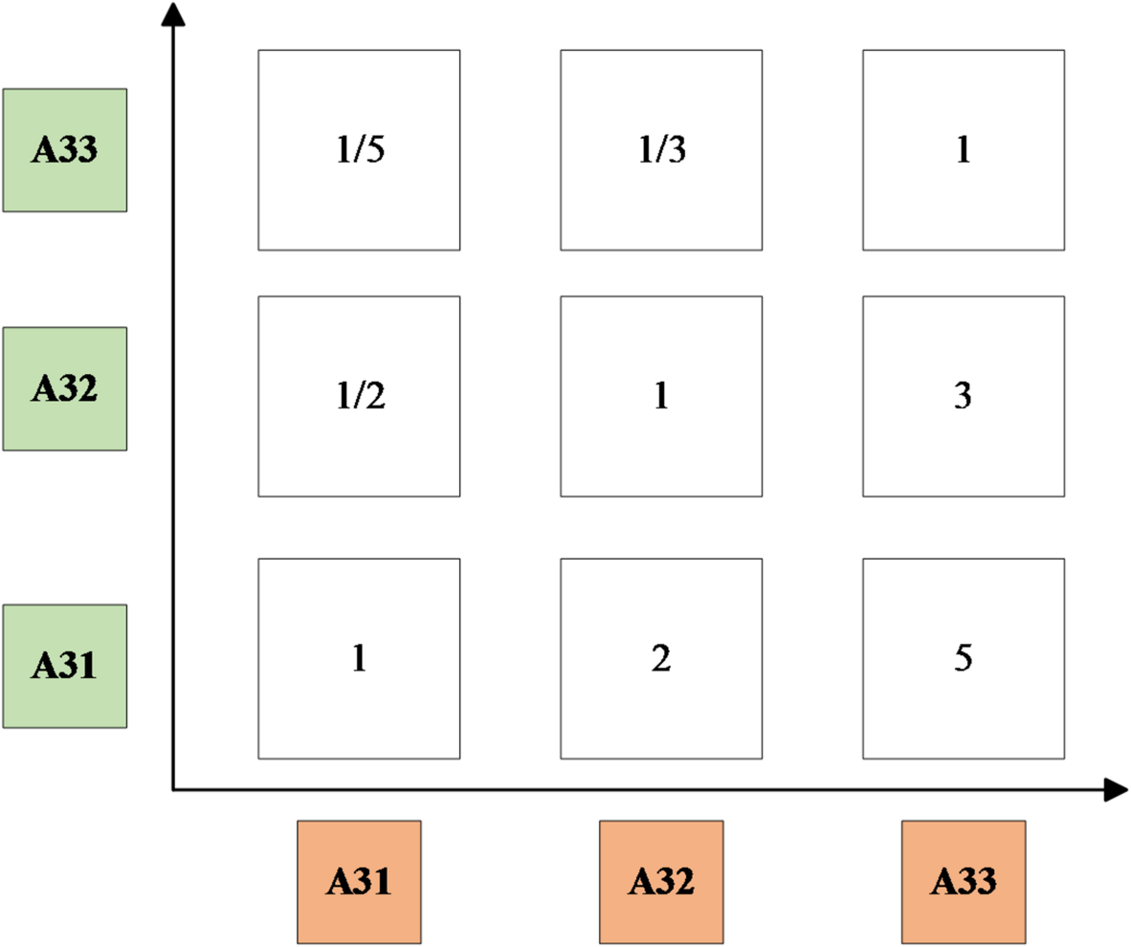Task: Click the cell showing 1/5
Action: pyautogui.click(x=359, y=150)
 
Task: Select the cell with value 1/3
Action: pyautogui.click(x=660, y=150)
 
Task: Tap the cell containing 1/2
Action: pyautogui.click(x=359, y=396)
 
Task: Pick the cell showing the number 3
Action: pyautogui.click(x=963, y=396)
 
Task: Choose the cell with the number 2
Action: pyautogui.click(x=660, y=658)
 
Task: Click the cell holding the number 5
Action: pyautogui.click(x=963, y=658)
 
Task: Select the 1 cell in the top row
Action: pyautogui.click(x=963, y=150)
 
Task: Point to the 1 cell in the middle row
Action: pyautogui.click(x=660, y=396)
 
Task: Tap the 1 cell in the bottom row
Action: pyautogui.click(x=359, y=658)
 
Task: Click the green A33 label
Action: pyautogui.click(x=64, y=150)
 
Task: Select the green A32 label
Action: pyautogui.click(x=64, y=388)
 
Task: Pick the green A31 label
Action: pyautogui.click(x=64, y=665)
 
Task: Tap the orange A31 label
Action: pyautogui.click(x=359, y=881)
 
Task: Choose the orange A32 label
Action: pyautogui.click(x=661, y=881)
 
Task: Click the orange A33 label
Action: pyautogui.click(x=964, y=881)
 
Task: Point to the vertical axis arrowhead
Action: pyautogui.click(x=173, y=15)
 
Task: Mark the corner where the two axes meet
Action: pyautogui.click(x=173, y=790)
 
